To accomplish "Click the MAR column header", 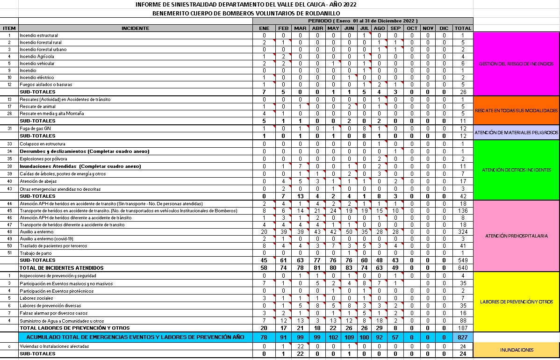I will point(300,28).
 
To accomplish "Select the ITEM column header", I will point(9,28).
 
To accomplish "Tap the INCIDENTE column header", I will point(136,28).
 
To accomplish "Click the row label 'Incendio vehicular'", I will point(37,63).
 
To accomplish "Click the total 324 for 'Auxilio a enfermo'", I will point(462,231).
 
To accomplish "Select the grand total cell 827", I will point(462,337).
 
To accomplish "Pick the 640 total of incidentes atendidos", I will point(462,268).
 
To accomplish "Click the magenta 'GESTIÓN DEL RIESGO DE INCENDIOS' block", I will point(516,64).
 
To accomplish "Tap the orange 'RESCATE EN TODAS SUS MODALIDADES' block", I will point(516,110).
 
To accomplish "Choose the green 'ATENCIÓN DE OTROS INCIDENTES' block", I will point(516,170).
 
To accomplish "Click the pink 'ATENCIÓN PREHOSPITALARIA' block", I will point(516,236).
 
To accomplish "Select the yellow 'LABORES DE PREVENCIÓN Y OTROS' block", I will point(516,302).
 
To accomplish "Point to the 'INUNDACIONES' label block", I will point(516,350).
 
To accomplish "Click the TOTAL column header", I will point(462,28).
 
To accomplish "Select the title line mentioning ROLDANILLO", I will point(246,13).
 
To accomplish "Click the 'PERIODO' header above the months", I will point(363,21).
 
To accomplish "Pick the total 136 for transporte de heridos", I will point(462,210).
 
